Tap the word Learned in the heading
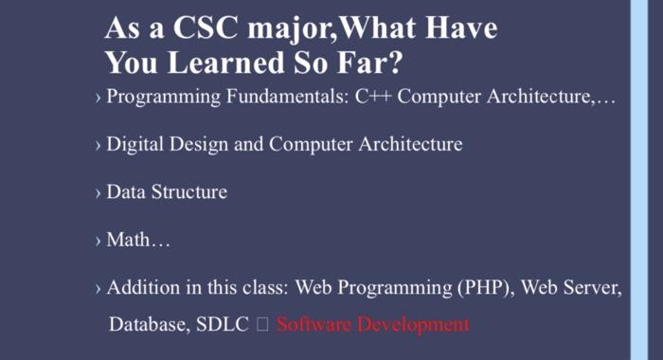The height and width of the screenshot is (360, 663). point(219,63)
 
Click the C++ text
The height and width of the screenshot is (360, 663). point(375,99)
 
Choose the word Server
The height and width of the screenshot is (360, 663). point(593,288)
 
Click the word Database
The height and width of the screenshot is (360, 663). point(147,325)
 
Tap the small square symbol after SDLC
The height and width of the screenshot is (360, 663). point(263,326)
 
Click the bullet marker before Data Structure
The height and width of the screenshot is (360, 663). point(98,193)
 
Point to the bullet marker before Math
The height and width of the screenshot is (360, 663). point(98,242)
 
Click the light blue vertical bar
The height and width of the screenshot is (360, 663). point(639,180)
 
